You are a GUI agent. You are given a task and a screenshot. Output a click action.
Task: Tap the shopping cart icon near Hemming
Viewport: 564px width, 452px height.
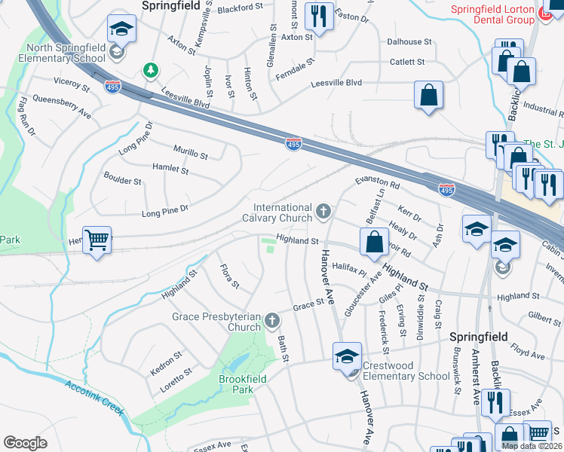(x=97, y=241)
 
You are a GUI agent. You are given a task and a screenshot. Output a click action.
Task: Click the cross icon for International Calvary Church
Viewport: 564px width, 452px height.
(x=324, y=211)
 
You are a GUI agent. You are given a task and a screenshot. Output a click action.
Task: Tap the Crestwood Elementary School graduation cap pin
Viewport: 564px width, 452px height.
(x=347, y=356)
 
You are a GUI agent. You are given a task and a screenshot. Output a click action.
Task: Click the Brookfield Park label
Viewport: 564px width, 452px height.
(x=241, y=384)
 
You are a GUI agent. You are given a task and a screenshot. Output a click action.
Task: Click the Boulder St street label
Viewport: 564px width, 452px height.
(x=122, y=181)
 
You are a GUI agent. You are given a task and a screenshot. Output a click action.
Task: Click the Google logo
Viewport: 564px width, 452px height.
(x=25, y=443)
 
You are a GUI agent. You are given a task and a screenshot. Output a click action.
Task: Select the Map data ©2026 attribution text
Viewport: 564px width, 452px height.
(x=532, y=446)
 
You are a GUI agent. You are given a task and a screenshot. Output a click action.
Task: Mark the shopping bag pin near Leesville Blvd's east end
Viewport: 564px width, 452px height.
(x=428, y=96)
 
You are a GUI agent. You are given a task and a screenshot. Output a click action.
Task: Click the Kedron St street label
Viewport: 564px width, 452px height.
(x=166, y=360)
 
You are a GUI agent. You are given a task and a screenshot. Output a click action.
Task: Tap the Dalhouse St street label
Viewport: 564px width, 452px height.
(x=409, y=42)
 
